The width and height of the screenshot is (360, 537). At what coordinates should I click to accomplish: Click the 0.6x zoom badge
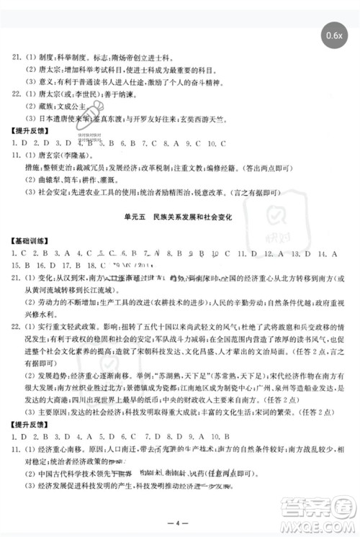(x=334, y=34)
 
